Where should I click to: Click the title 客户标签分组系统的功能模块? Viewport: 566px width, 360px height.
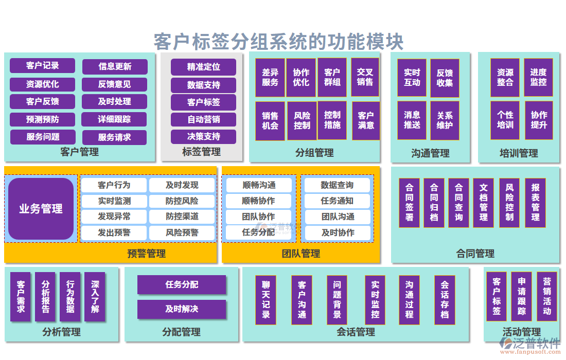[x=278, y=41]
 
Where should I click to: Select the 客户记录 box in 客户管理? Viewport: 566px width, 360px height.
[x=42, y=66]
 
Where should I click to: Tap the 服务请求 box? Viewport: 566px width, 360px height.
[x=114, y=137]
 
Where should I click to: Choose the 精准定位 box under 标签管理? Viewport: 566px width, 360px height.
[x=203, y=67]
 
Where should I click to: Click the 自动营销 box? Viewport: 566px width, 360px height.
[x=203, y=119]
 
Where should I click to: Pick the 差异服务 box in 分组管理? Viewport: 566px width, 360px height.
[x=270, y=78]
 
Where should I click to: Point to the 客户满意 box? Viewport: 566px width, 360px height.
[x=366, y=121]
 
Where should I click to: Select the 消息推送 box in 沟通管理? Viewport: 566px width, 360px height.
[x=412, y=120]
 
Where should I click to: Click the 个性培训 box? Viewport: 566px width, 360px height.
[x=505, y=120]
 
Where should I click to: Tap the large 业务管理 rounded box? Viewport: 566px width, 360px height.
[x=41, y=209]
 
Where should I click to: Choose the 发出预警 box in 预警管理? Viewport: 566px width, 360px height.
[x=114, y=233]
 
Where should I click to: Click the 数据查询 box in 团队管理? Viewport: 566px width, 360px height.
[x=338, y=185]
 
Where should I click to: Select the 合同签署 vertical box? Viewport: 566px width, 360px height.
[x=409, y=203]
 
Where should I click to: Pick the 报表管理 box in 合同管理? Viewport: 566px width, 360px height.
[x=535, y=203]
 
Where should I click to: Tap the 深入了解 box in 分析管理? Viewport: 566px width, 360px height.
[x=95, y=297]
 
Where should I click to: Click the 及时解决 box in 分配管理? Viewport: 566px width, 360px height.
[x=182, y=309]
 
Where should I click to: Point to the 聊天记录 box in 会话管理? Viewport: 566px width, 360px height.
[x=266, y=300]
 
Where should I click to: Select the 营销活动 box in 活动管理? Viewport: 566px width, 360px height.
[x=547, y=297]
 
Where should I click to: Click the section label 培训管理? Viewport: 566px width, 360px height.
[x=519, y=153]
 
